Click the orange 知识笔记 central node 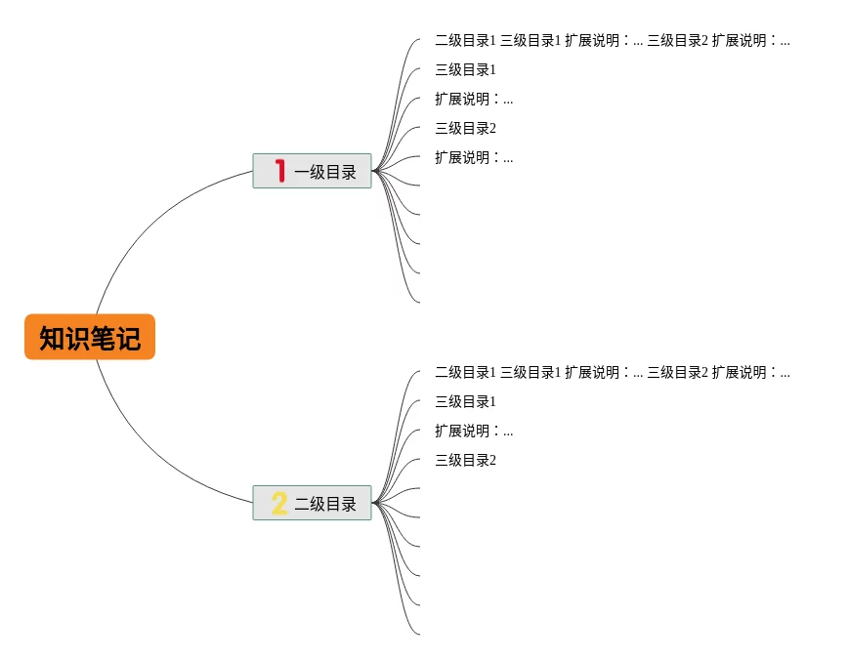[x=90, y=338]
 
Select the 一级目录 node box [x=312, y=171]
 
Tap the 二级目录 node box [x=312, y=503]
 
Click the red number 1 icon [x=280, y=171]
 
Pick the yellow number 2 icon [x=279, y=504]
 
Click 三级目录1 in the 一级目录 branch [x=465, y=70]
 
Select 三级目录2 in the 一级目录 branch [x=465, y=129]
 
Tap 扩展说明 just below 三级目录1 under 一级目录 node [x=473, y=100]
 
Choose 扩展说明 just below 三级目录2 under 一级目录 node [x=473, y=158]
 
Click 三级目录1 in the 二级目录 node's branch [x=465, y=402]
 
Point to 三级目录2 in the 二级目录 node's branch [x=465, y=461]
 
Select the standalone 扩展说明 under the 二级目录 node [x=473, y=432]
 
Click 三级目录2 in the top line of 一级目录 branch [x=677, y=41]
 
